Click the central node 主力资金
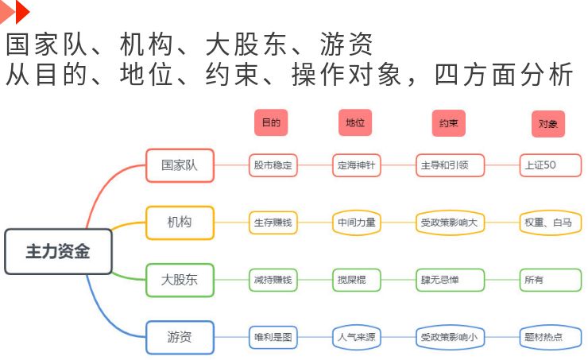(x=58, y=252)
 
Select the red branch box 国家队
(x=180, y=165)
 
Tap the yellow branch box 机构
(x=180, y=222)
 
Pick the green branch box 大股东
(x=180, y=280)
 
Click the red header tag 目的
(x=271, y=122)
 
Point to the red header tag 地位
(x=355, y=122)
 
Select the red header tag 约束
(x=447, y=123)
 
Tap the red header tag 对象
(x=548, y=124)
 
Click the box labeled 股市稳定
(x=273, y=166)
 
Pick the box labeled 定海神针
(x=358, y=166)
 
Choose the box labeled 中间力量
(x=358, y=223)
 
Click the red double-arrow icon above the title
(x=14, y=12)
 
